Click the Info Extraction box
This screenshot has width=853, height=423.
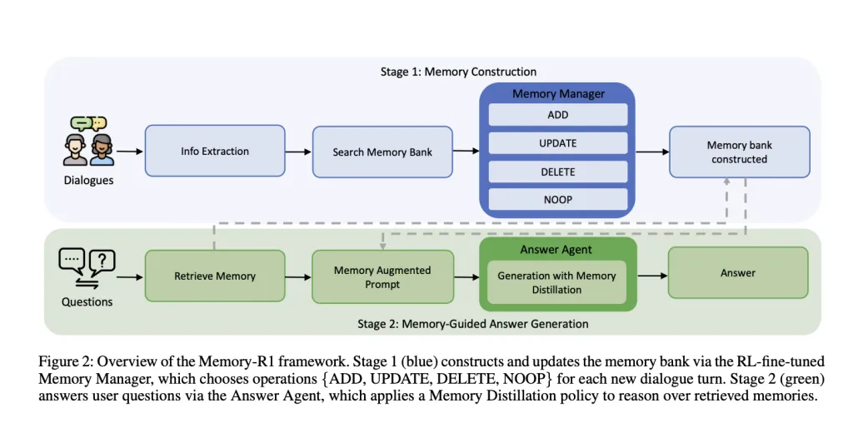tap(215, 152)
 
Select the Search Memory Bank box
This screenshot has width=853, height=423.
tap(382, 152)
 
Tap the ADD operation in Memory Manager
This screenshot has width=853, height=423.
tap(558, 115)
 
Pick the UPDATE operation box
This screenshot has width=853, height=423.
tap(558, 143)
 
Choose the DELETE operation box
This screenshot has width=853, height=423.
tap(558, 172)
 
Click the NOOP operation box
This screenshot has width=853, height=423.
tap(558, 200)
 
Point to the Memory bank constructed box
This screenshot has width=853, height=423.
tap(740, 152)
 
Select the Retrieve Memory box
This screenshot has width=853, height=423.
tap(215, 276)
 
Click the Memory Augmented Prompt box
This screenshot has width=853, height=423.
tap(382, 276)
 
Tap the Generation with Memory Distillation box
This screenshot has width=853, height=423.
tap(556, 283)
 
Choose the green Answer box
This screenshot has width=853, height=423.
tap(738, 272)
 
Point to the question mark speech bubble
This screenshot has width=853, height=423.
tap(102, 261)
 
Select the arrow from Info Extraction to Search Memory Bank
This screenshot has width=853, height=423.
tap(299, 152)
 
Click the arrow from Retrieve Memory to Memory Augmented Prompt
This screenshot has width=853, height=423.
tap(299, 276)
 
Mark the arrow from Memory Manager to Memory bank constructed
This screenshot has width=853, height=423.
tap(652, 152)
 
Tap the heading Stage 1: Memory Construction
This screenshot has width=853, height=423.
tap(458, 72)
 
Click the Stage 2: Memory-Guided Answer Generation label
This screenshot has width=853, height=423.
tap(473, 324)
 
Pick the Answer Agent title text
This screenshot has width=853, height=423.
tap(556, 250)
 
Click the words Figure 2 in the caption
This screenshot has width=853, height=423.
tap(60, 362)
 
